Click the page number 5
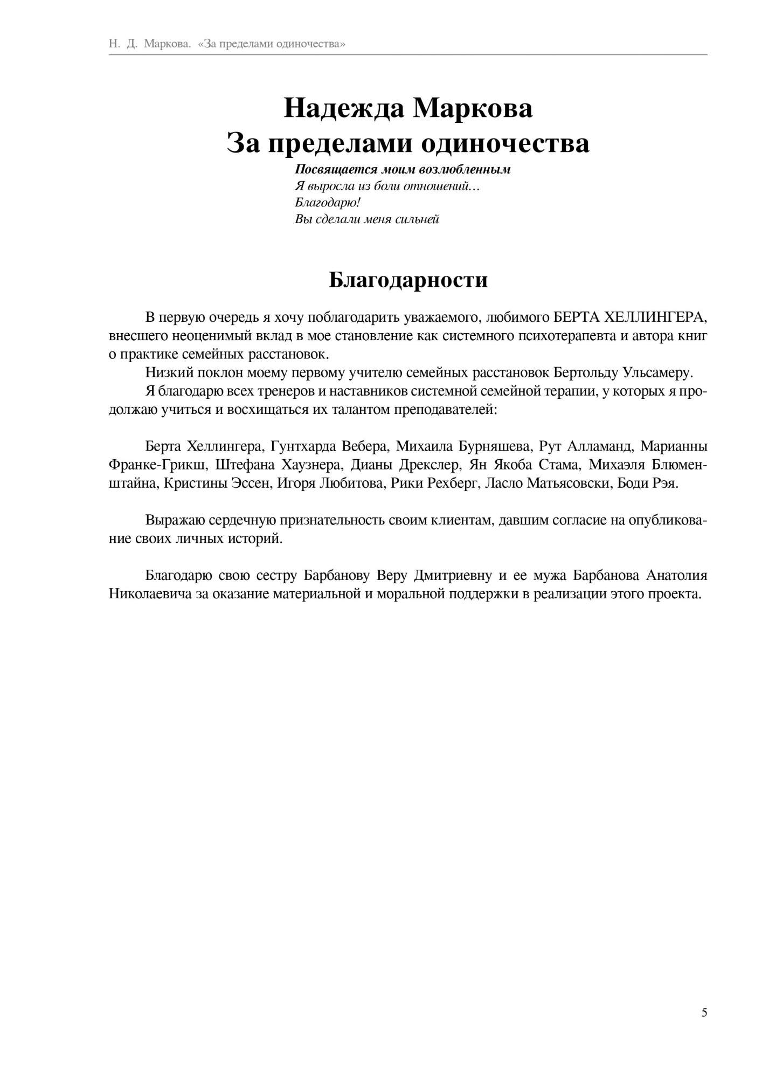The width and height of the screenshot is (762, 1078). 704,1012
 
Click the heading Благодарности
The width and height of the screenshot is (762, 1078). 408,280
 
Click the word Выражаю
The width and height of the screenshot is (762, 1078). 174,520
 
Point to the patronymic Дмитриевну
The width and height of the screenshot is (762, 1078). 453,576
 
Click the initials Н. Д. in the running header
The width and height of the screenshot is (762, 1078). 123,44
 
